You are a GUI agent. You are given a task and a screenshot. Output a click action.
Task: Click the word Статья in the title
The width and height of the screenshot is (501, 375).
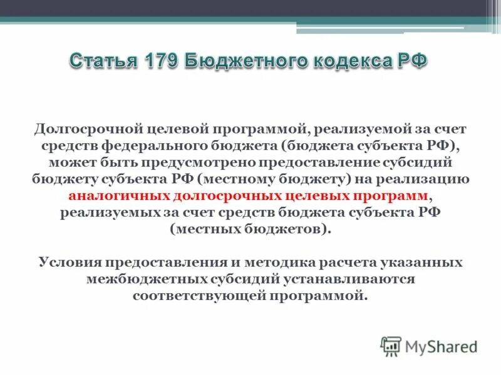coord(102,62)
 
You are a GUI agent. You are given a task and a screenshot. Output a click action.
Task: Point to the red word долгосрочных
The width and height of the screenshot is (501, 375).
coord(219,196)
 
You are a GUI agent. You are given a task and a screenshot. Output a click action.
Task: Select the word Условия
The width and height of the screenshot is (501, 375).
coord(72,262)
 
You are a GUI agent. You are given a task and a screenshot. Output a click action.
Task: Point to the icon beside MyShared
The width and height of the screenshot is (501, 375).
coord(391,346)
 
